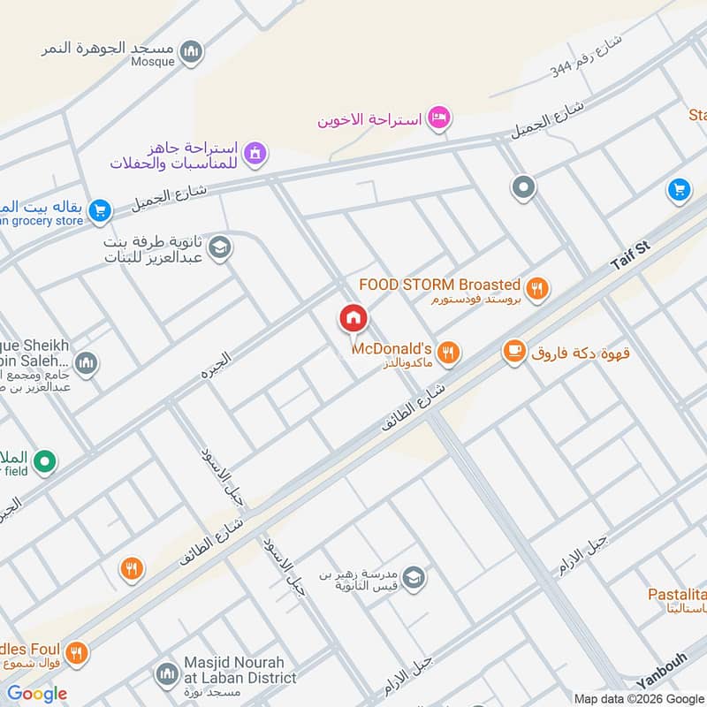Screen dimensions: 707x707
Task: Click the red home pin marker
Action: pos(353,318)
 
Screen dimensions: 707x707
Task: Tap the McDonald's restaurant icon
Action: pos(449,353)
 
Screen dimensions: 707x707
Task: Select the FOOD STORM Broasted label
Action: pos(439,285)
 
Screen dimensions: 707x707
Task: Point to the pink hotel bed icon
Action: pos(439,118)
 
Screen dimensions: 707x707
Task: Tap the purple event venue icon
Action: pos(255,153)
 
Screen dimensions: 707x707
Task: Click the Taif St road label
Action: pos(630,256)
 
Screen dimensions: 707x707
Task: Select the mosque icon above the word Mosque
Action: pos(191,53)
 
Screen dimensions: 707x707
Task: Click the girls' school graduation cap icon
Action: pos(220,247)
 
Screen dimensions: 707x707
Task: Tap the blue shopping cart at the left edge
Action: pos(100,210)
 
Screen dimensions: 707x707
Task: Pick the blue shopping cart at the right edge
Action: pos(679,190)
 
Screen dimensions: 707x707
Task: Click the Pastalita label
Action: pos(677,594)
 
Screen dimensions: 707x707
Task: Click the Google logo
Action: pos(36,694)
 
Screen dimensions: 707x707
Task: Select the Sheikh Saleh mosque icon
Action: pos(86,362)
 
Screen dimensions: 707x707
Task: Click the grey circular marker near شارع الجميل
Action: pos(524,187)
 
